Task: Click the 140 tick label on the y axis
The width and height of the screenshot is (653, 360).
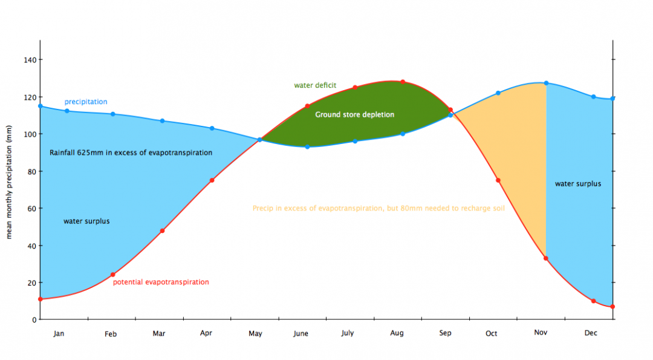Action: click(x=30, y=59)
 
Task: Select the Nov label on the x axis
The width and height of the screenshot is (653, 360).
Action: click(x=540, y=333)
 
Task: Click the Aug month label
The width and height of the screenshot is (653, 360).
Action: click(x=397, y=333)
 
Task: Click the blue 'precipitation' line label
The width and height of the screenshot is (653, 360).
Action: click(x=86, y=102)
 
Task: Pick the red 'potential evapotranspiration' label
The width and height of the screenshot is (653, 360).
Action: click(x=161, y=282)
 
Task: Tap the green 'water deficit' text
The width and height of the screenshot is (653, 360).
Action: click(x=315, y=85)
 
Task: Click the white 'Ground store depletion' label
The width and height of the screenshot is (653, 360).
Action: click(x=354, y=114)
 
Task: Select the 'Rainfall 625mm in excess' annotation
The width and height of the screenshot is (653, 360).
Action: click(x=131, y=152)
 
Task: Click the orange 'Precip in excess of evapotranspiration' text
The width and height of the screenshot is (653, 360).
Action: click(x=378, y=208)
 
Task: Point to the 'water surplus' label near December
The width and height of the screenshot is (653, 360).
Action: click(x=578, y=183)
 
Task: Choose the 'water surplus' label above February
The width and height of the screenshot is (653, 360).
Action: click(x=86, y=221)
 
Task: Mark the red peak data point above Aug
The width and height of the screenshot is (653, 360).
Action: click(x=403, y=82)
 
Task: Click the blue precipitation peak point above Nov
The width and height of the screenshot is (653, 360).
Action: click(x=546, y=83)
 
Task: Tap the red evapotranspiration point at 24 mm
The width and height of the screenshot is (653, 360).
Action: click(x=112, y=275)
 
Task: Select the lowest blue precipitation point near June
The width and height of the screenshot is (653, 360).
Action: click(x=307, y=146)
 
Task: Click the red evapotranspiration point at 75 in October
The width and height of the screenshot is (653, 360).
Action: click(x=498, y=180)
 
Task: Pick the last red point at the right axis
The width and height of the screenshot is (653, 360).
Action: click(x=612, y=307)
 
